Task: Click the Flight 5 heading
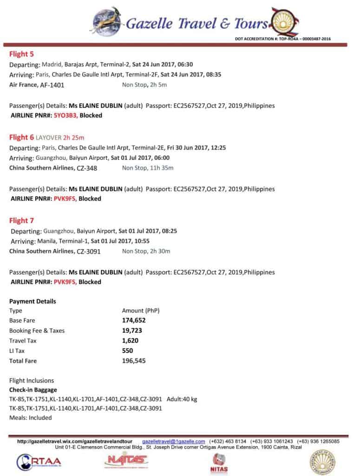point(21,54)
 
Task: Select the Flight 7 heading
point(21,220)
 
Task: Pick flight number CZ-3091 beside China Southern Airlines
point(89,251)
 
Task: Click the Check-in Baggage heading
point(33,390)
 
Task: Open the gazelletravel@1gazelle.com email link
point(173,441)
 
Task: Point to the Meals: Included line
point(30,417)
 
